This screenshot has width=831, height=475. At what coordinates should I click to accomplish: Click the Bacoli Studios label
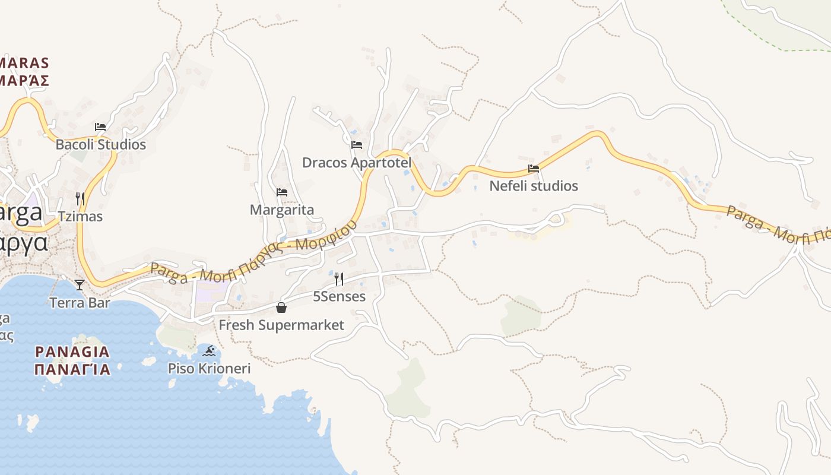[100, 144]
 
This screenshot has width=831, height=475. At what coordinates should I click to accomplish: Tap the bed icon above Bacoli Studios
[100, 127]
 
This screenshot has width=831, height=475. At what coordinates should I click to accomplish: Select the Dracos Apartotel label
[356, 162]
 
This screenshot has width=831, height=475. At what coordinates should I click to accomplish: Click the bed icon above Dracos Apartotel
[357, 144]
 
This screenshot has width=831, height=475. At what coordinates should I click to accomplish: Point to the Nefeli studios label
[533, 186]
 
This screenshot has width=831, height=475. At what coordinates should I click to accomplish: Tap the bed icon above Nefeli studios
[534, 169]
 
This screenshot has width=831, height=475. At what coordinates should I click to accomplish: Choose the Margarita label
[281, 210]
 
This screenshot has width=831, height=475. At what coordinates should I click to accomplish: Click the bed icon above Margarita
[282, 192]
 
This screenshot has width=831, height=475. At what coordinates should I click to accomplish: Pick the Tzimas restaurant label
[80, 216]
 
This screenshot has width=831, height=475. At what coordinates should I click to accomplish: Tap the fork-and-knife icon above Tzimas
[80, 198]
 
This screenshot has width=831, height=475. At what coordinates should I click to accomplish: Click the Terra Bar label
[80, 302]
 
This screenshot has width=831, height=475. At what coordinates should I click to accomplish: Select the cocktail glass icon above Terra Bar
[80, 285]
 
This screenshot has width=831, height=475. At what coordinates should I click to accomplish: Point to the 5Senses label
[339, 296]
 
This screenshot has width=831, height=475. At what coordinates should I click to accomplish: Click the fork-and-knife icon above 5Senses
[339, 278]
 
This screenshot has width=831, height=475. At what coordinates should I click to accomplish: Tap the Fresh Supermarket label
[281, 325]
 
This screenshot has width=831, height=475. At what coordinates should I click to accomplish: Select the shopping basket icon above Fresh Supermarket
[281, 308]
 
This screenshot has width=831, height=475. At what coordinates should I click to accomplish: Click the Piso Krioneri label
[209, 368]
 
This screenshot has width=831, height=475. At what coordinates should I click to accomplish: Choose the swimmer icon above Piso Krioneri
[209, 351]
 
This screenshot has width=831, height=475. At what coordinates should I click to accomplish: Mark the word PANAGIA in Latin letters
[72, 351]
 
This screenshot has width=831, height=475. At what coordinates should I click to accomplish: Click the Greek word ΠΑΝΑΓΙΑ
[72, 369]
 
